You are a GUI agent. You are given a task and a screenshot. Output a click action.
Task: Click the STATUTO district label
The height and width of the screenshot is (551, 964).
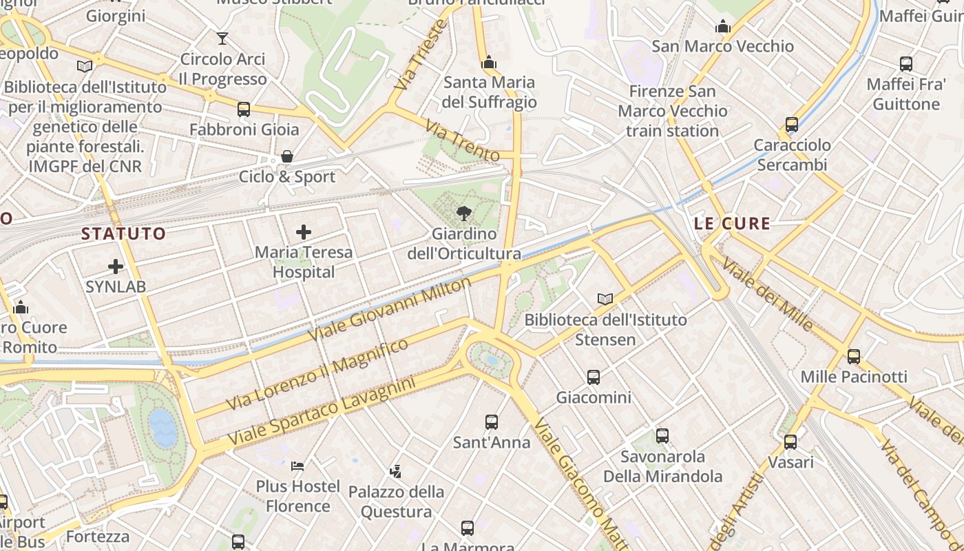(x=124, y=233)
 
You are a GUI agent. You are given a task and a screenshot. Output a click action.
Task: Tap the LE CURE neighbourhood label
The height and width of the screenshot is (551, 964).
(x=732, y=223)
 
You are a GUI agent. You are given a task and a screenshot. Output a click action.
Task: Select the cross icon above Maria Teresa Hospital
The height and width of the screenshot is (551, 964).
(x=303, y=232)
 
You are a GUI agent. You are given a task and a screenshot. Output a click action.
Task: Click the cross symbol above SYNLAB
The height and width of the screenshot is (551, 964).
(x=116, y=266)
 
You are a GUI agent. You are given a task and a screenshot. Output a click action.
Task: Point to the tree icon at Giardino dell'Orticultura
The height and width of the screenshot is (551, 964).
(x=463, y=213)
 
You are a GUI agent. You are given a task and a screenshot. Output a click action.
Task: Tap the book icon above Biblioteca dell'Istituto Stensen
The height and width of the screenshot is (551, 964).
(x=605, y=299)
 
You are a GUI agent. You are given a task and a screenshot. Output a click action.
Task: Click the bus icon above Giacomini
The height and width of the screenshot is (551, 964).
(x=594, y=377)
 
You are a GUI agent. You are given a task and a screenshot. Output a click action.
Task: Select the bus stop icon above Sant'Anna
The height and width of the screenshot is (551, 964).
(x=491, y=422)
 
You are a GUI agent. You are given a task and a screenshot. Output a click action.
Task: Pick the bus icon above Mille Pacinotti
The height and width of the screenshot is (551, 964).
(x=854, y=356)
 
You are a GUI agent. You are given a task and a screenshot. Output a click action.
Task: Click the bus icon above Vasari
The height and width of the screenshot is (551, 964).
(x=790, y=441)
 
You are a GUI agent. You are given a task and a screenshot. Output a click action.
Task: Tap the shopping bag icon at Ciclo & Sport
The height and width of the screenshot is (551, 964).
(x=287, y=156)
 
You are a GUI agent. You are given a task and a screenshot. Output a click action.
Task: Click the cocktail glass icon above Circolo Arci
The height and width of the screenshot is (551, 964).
(x=222, y=39)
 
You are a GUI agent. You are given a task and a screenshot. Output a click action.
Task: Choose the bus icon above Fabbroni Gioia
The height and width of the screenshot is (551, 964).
(x=244, y=109)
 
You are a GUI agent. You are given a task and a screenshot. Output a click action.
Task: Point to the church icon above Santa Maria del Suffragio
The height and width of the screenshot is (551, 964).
(x=489, y=63)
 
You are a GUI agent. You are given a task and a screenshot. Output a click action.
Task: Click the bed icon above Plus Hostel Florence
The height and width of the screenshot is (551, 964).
(x=297, y=466)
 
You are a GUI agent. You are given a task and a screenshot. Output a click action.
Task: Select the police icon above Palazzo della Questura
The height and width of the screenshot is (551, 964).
(x=395, y=472)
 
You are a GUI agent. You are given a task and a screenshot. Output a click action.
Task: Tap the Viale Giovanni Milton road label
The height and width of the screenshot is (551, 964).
(x=390, y=309)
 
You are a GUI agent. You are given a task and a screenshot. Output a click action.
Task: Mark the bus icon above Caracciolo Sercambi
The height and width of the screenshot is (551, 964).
(x=792, y=125)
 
